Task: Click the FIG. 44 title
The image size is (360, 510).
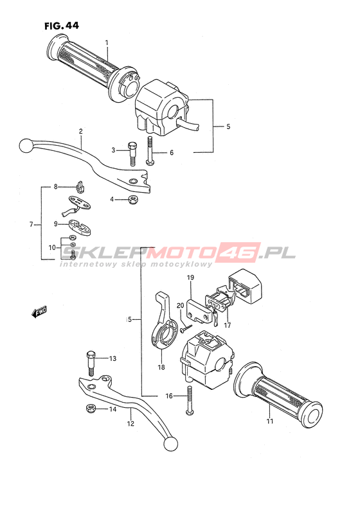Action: (x=62, y=26)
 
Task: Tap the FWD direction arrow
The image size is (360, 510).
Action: (x=39, y=312)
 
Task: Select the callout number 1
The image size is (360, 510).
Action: (x=107, y=42)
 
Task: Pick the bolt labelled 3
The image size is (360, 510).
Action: (x=132, y=154)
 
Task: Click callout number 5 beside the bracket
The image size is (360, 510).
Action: (x=228, y=126)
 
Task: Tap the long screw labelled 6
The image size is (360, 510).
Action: (x=150, y=150)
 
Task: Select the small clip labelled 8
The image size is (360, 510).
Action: (x=80, y=186)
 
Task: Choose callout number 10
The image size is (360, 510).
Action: (x=52, y=247)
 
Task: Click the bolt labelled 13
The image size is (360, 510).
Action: (x=91, y=364)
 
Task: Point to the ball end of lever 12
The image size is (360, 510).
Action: (x=171, y=444)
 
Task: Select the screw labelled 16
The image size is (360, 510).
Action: (x=190, y=400)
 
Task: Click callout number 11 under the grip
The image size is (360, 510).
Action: (x=269, y=421)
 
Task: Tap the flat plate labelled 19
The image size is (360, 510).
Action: (x=198, y=311)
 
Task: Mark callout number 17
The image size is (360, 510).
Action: (x=227, y=325)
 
